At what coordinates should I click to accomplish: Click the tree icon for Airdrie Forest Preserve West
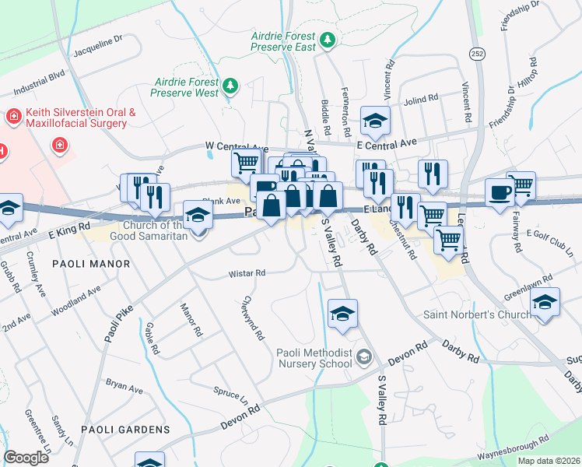click(230, 84)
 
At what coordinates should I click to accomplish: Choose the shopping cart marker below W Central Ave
click(246, 162)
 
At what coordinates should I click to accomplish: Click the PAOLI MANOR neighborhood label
click(91, 264)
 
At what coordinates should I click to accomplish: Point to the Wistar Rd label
click(247, 273)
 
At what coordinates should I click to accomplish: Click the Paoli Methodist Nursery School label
click(314, 358)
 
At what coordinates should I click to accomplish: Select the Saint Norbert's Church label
click(477, 314)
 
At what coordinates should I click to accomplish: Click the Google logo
click(26, 458)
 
